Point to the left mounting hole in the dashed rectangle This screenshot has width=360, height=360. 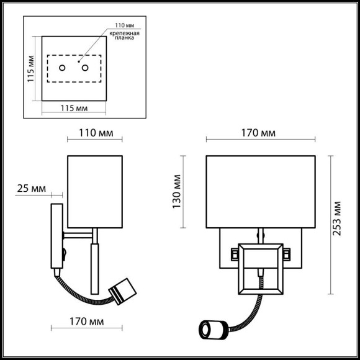[x=61, y=68]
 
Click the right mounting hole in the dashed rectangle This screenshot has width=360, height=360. [x=86, y=68]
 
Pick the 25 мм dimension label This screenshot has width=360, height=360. [x=30, y=188]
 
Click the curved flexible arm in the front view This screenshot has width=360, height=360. [x=245, y=310]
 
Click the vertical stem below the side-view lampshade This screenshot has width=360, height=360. [x=95, y=267]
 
